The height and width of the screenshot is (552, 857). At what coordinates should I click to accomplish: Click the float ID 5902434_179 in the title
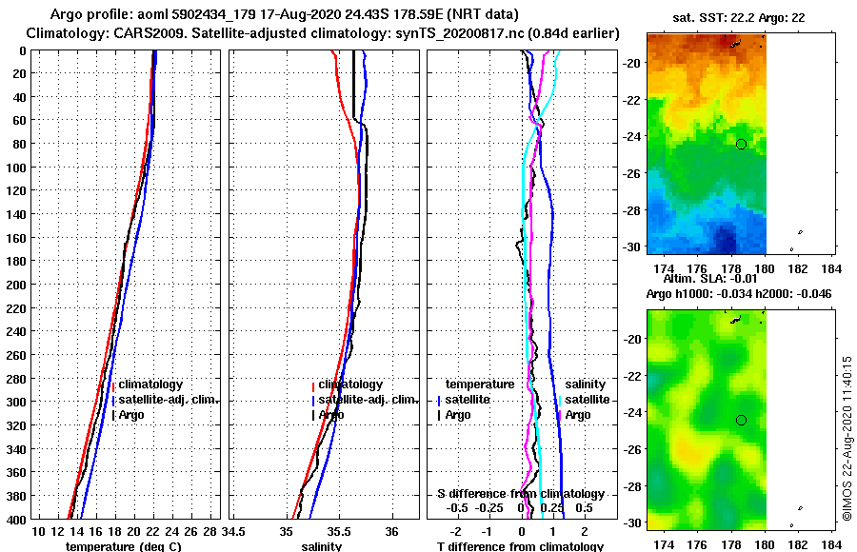[207, 15]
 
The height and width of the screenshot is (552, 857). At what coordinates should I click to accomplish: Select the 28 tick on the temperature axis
[209, 530]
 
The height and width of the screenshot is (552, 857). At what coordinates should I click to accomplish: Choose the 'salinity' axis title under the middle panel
[322, 546]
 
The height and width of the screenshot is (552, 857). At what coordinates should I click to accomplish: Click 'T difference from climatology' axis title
[520, 546]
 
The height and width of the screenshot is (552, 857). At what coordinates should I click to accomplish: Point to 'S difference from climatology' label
[520, 494]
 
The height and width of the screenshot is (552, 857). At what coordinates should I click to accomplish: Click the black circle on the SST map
[741, 144]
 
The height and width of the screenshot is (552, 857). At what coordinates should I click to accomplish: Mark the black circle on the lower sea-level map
[741, 420]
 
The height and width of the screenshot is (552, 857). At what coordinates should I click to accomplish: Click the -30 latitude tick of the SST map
[632, 246]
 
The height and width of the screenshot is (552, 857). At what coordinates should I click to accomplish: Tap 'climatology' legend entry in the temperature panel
[150, 384]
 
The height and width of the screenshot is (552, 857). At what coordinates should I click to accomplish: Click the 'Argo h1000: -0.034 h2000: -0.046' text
[739, 293]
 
